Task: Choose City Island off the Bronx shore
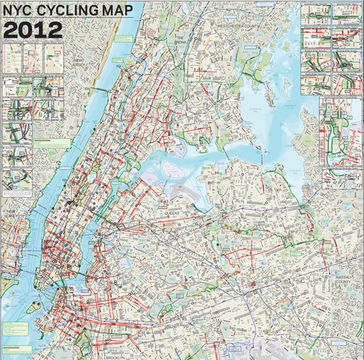267,89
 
